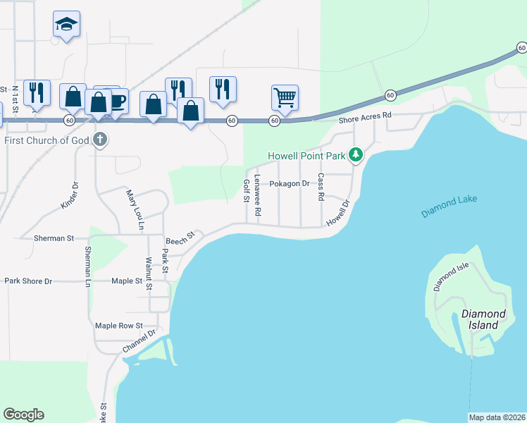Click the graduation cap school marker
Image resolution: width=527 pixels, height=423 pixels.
[66, 25]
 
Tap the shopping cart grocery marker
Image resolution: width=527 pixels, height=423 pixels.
[285, 97]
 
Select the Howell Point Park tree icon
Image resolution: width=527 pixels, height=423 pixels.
[356, 154]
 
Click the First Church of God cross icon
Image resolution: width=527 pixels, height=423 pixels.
[100, 139]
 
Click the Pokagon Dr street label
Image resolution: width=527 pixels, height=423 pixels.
[290, 184]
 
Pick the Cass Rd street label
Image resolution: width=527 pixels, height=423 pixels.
[321, 186]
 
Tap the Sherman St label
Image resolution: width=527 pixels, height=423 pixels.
[54, 238]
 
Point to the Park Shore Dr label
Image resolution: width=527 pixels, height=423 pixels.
[29, 281]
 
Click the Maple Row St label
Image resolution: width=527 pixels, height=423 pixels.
[119, 326]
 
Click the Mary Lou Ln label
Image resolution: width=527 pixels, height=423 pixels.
[135, 209]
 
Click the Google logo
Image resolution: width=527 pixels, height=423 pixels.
[23, 415]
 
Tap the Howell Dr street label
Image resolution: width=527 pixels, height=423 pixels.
[338, 214]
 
